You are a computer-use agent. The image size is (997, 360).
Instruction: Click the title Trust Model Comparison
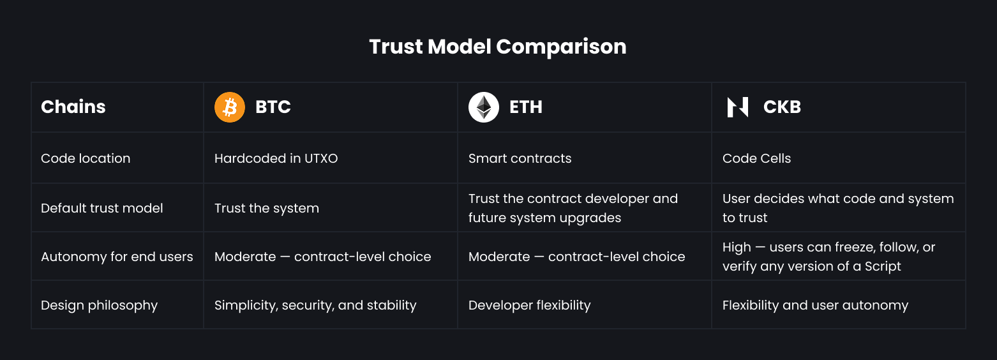pyautogui.click(x=498, y=47)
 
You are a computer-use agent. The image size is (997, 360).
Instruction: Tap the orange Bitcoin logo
pyautogui.click(x=230, y=107)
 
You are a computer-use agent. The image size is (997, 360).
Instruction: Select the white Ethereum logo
pyautogui.click(x=484, y=107)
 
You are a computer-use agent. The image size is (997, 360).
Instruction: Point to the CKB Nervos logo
pyautogui.click(x=737, y=107)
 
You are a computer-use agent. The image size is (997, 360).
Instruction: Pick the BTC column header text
pyautogui.click(x=273, y=107)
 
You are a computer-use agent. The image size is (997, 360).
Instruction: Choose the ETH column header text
pyautogui.click(x=526, y=107)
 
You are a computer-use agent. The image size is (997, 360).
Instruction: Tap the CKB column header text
pyautogui.click(x=782, y=107)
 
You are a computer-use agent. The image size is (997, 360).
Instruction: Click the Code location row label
pyautogui.click(x=86, y=158)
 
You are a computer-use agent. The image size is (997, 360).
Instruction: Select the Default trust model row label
pyautogui.click(x=102, y=208)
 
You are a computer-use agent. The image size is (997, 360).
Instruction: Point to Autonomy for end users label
pyautogui.click(x=117, y=257)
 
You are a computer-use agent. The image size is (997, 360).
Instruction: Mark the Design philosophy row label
pyautogui.click(x=100, y=306)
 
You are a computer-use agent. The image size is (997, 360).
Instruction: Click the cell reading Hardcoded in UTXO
pyautogui.click(x=276, y=158)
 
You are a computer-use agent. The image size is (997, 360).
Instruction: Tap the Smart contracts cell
pyautogui.click(x=520, y=158)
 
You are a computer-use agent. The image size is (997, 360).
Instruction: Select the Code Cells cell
pyautogui.click(x=756, y=158)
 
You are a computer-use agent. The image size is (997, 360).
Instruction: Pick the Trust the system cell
pyautogui.click(x=267, y=208)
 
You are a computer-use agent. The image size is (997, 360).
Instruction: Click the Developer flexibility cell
pyautogui.click(x=530, y=306)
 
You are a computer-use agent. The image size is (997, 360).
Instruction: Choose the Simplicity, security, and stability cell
pyautogui.click(x=315, y=306)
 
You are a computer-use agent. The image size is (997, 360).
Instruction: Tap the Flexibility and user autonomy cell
pyautogui.click(x=815, y=306)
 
